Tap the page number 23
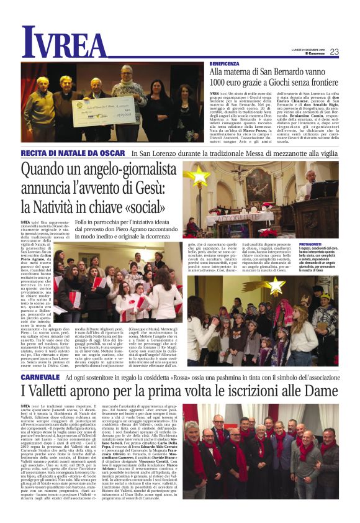[334, 52]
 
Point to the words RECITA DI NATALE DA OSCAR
[73, 153]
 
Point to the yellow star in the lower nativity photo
[273, 285]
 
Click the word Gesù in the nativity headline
[163, 188]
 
